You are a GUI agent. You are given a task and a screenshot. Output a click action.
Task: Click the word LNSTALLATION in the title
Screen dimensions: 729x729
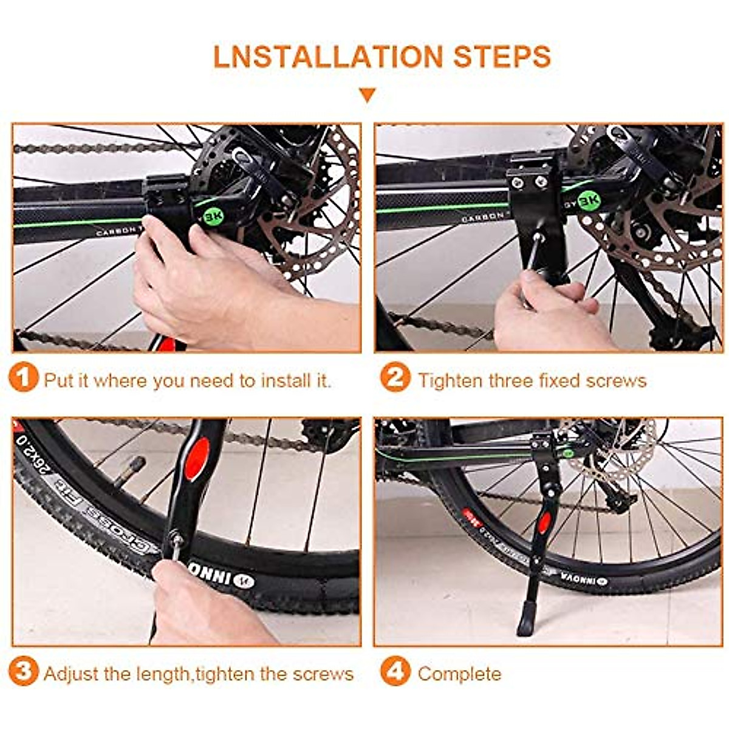pos(329,56)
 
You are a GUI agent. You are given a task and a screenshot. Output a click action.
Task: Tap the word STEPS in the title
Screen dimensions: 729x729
pos(502,56)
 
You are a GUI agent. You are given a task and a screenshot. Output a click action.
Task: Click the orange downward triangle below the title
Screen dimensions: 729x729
pos(367,95)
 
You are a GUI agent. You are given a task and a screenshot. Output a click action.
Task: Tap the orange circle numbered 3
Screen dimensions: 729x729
pos(24,673)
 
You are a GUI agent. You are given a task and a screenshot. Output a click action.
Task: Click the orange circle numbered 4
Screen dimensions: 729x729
pos(395,673)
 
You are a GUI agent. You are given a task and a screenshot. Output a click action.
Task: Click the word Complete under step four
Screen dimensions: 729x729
pos(459,674)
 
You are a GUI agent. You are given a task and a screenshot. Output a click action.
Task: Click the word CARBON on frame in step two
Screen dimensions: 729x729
pos(482,217)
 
